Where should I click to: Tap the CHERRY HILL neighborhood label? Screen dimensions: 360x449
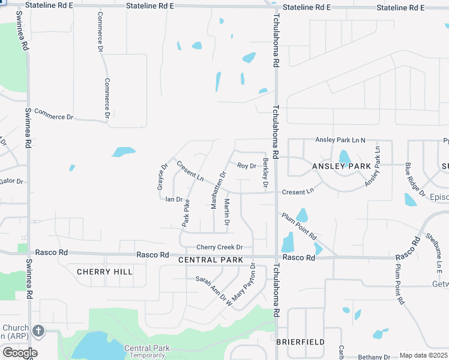point(104,272)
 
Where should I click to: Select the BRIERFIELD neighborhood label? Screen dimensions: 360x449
point(300,342)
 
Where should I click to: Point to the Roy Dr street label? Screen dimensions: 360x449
point(247,166)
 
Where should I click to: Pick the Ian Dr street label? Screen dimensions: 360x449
point(173,199)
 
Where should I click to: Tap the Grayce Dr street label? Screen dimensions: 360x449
point(161,177)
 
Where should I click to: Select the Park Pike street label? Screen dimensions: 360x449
point(186,212)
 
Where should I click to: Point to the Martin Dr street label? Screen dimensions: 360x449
point(227,212)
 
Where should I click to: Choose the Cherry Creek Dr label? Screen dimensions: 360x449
point(219,247)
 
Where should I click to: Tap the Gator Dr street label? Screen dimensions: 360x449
point(11,181)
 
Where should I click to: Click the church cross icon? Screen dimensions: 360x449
point(38,331)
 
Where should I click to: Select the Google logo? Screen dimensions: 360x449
point(20,353)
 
